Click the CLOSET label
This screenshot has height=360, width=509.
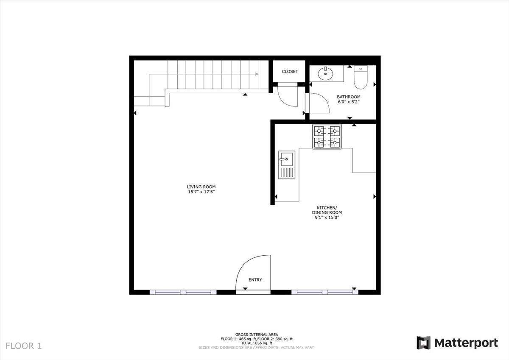[x=290, y=72]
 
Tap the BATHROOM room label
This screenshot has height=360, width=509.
[x=349, y=97]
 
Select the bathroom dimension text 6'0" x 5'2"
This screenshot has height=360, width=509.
[x=349, y=102]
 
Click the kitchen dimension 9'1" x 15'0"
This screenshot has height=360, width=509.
[x=327, y=218]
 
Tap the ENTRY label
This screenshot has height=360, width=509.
[x=255, y=280]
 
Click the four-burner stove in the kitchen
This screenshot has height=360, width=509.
[x=327, y=137]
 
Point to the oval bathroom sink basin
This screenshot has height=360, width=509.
[x=326, y=74]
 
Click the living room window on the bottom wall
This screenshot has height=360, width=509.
[x=183, y=292]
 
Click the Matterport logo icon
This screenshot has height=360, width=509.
[x=423, y=343]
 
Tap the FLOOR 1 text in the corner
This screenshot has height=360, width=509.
[x=24, y=346]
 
